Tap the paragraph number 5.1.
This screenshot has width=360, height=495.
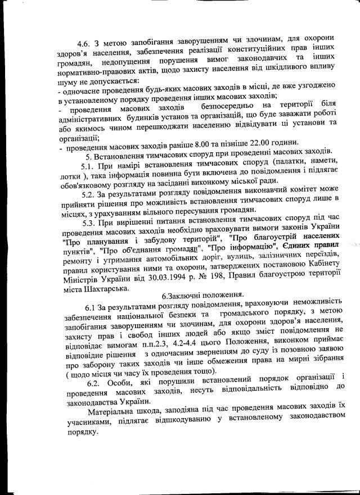click(x=89, y=166)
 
